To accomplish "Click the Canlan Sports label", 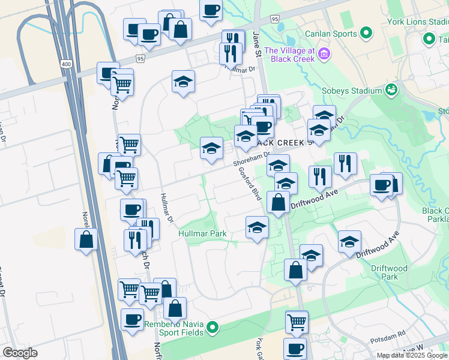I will [331, 34].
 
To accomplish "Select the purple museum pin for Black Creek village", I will [325, 55].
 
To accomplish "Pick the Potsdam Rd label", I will [393, 331].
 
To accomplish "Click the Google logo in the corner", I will [20, 353].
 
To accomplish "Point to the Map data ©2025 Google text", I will [412, 355].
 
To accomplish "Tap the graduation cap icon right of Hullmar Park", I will [257, 227].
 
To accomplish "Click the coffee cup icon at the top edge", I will [211, 10].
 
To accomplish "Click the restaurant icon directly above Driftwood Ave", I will [320, 176].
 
